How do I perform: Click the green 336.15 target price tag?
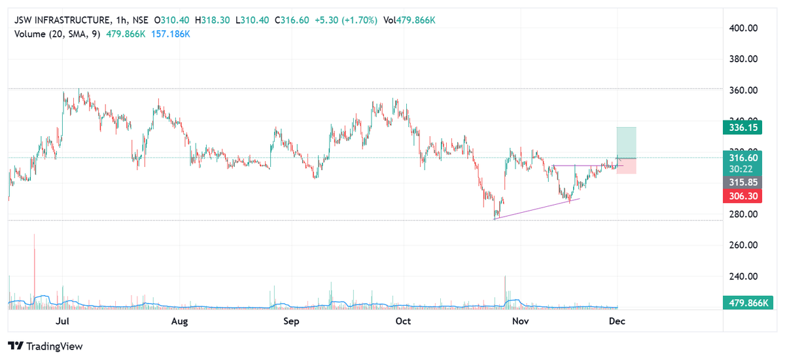(742, 128)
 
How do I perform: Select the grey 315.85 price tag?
(742, 182)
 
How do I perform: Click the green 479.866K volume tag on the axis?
(745, 302)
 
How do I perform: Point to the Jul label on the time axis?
(63, 321)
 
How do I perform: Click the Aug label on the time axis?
(179, 321)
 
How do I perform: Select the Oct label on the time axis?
(404, 321)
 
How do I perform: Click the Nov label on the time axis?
(520, 321)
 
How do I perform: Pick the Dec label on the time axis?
(616, 321)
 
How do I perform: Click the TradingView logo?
(45, 346)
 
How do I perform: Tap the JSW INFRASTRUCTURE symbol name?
(63, 20)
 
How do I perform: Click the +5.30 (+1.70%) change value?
(345, 20)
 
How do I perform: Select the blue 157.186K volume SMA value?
(169, 34)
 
